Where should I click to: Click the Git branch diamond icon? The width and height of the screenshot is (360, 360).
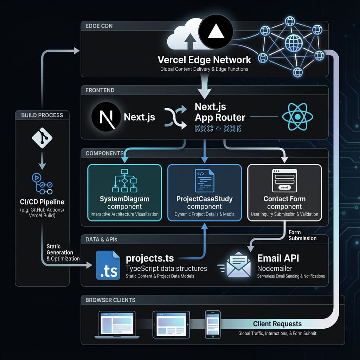pos(42,137)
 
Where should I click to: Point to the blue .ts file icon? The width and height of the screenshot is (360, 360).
pos(108,265)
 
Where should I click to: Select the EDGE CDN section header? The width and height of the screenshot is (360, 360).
pos(99,26)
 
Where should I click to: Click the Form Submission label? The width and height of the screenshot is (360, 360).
pos(302,235)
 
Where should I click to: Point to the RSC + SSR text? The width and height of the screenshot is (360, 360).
pos(218,129)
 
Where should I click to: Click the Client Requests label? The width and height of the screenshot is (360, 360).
pos(277,324)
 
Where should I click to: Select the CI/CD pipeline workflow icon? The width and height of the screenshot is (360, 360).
pos(42,183)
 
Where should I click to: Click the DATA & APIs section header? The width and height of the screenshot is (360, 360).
pos(101,239)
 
